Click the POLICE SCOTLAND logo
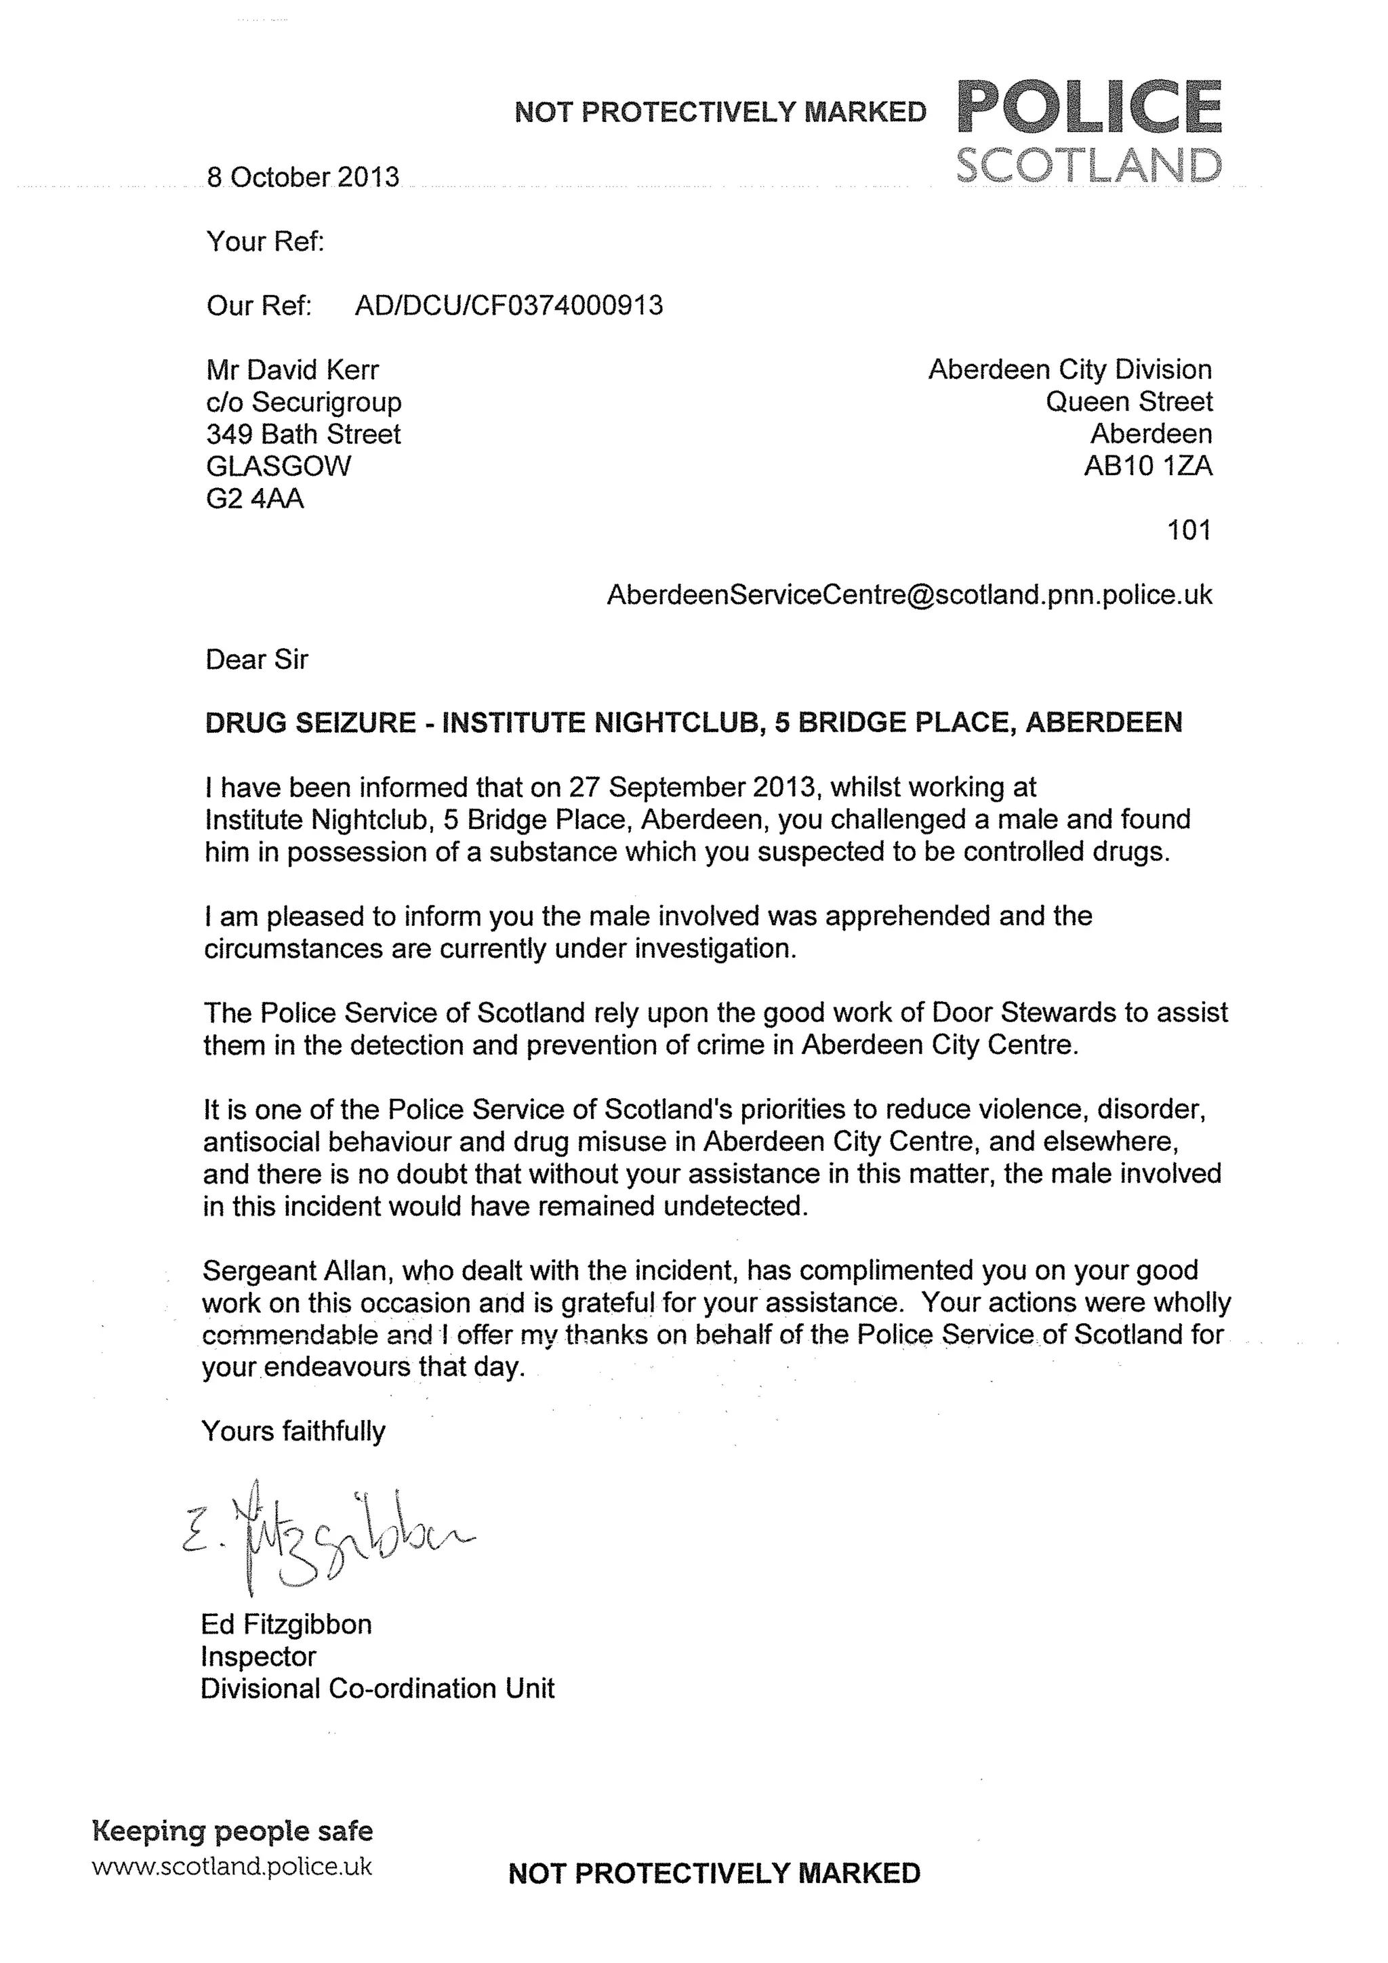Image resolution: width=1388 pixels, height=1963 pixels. coord(1088,131)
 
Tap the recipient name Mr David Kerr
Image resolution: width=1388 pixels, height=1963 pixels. coord(292,369)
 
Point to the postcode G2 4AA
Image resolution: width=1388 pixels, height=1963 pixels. coord(255,498)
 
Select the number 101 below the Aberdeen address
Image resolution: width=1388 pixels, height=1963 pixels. coord(1189,530)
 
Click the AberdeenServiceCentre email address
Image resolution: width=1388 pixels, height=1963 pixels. coord(909,594)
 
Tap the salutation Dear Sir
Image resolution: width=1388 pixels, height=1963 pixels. coord(256,659)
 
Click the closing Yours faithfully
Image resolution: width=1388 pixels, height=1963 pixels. coord(293,1431)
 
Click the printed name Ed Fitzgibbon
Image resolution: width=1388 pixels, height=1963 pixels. coord(286,1623)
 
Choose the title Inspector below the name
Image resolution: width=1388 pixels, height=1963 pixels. coord(258,1656)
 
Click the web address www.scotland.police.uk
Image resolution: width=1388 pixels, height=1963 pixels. coord(232,1865)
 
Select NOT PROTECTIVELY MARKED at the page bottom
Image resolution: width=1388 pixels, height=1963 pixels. coord(714,1874)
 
